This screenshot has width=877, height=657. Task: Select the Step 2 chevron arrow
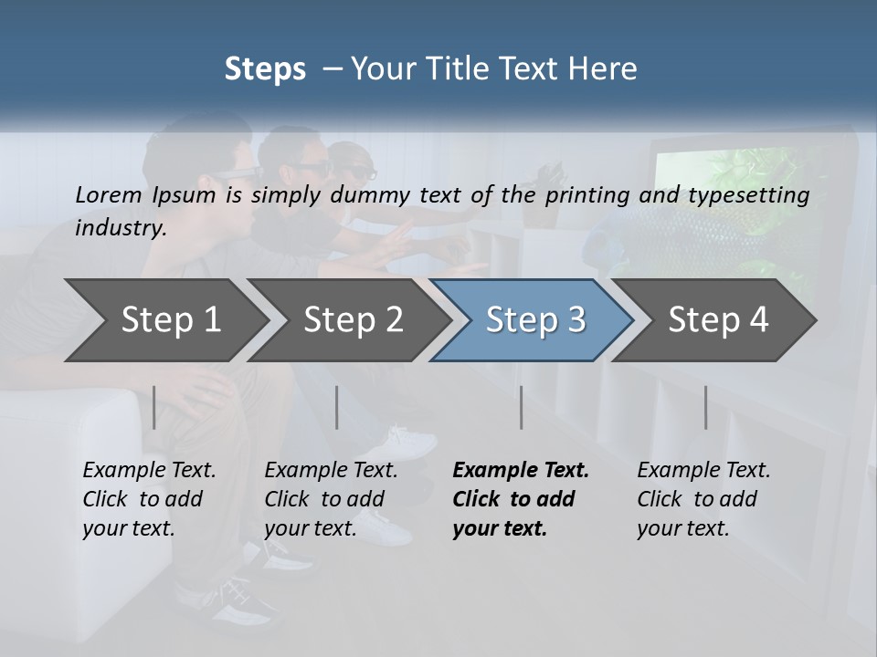pyautogui.click(x=353, y=319)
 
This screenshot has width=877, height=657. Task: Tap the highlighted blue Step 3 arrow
pyautogui.click(x=535, y=319)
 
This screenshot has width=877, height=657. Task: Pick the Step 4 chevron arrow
pyautogui.click(x=718, y=319)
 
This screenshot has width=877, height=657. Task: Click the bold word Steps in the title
pyautogui.click(x=265, y=68)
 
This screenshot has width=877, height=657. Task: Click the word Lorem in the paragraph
pyautogui.click(x=108, y=194)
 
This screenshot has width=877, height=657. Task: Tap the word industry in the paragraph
pyautogui.click(x=120, y=228)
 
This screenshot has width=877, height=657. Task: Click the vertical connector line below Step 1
pyautogui.click(x=153, y=407)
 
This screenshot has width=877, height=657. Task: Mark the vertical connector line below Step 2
pyautogui.click(x=336, y=407)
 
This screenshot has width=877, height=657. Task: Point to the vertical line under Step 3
pyautogui.click(x=521, y=407)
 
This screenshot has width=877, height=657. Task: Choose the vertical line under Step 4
pyautogui.click(x=705, y=407)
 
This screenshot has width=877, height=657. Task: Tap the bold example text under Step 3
pyautogui.click(x=520, y=499)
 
